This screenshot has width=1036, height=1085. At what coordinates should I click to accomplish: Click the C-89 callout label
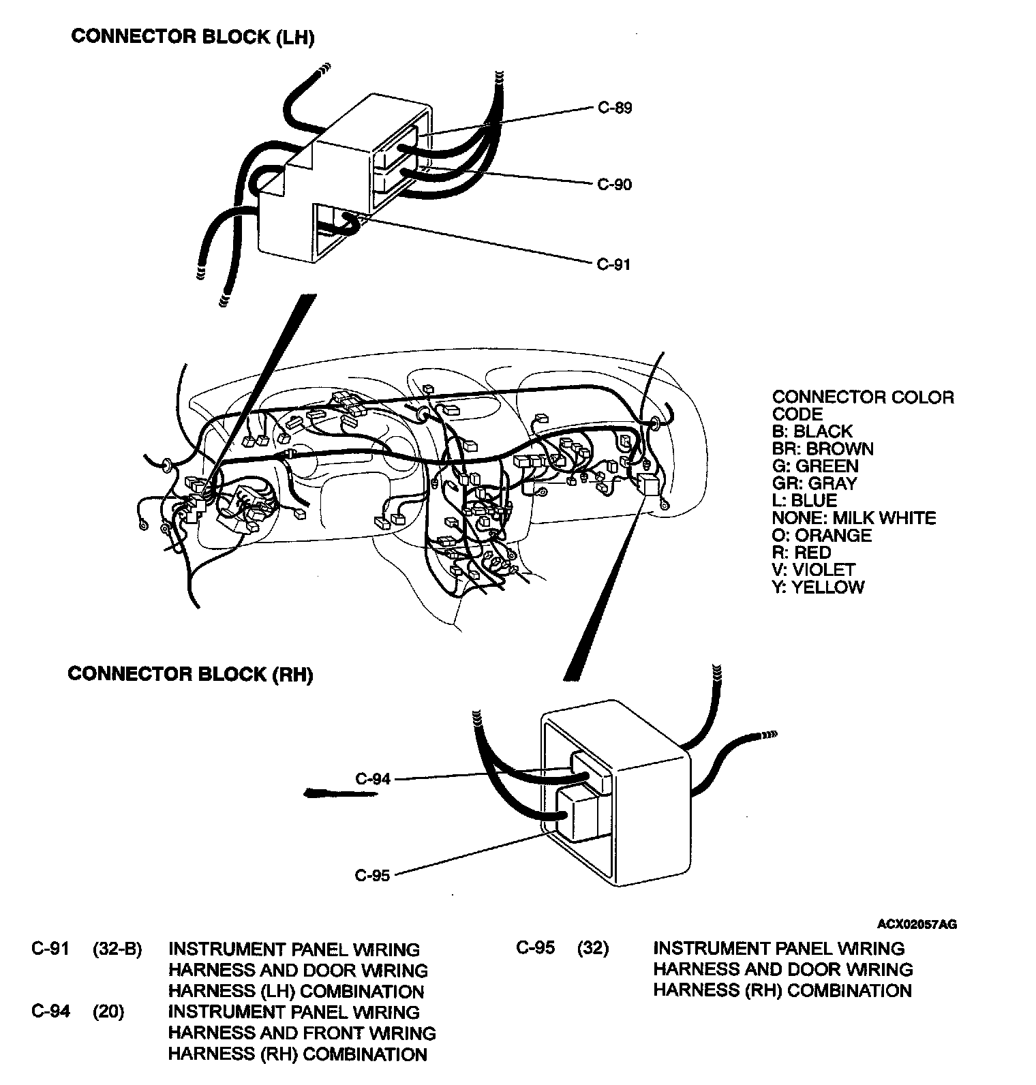pos(614,108)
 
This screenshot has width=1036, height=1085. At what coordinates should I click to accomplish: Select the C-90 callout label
pos(614,185)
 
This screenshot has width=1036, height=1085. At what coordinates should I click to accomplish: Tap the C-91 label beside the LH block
pos(613,264)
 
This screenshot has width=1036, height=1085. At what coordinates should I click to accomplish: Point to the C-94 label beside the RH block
pos(373,778)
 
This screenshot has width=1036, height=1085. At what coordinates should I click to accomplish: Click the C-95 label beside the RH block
pos(373,875)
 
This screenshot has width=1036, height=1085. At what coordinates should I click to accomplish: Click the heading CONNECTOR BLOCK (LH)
pos(193,37)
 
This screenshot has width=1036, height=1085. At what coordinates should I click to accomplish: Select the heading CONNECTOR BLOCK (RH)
pos(190,674)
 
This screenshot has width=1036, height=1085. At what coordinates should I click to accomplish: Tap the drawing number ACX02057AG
pos(917,924)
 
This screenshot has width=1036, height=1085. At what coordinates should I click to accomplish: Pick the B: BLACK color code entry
pos(812,431)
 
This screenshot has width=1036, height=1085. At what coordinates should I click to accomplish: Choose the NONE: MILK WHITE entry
pos(854,518)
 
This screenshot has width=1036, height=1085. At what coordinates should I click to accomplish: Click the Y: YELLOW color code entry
pos(818,587)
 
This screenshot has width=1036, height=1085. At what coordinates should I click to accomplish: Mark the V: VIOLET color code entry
pos(813,570)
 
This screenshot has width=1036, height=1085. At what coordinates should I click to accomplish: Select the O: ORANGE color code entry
pos(821,535)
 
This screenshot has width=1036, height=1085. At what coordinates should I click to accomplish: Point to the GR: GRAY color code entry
pos(814,483)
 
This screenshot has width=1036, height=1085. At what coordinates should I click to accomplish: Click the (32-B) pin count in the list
pos(117,949)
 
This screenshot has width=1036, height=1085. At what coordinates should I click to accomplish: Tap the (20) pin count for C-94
pos(108,1012)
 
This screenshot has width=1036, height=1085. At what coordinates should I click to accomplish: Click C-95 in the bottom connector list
pos(536,948)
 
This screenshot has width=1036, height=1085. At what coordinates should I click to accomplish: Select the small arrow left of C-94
pos(325,793)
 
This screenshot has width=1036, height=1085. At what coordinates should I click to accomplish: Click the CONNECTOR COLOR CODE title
pos(862,406)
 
